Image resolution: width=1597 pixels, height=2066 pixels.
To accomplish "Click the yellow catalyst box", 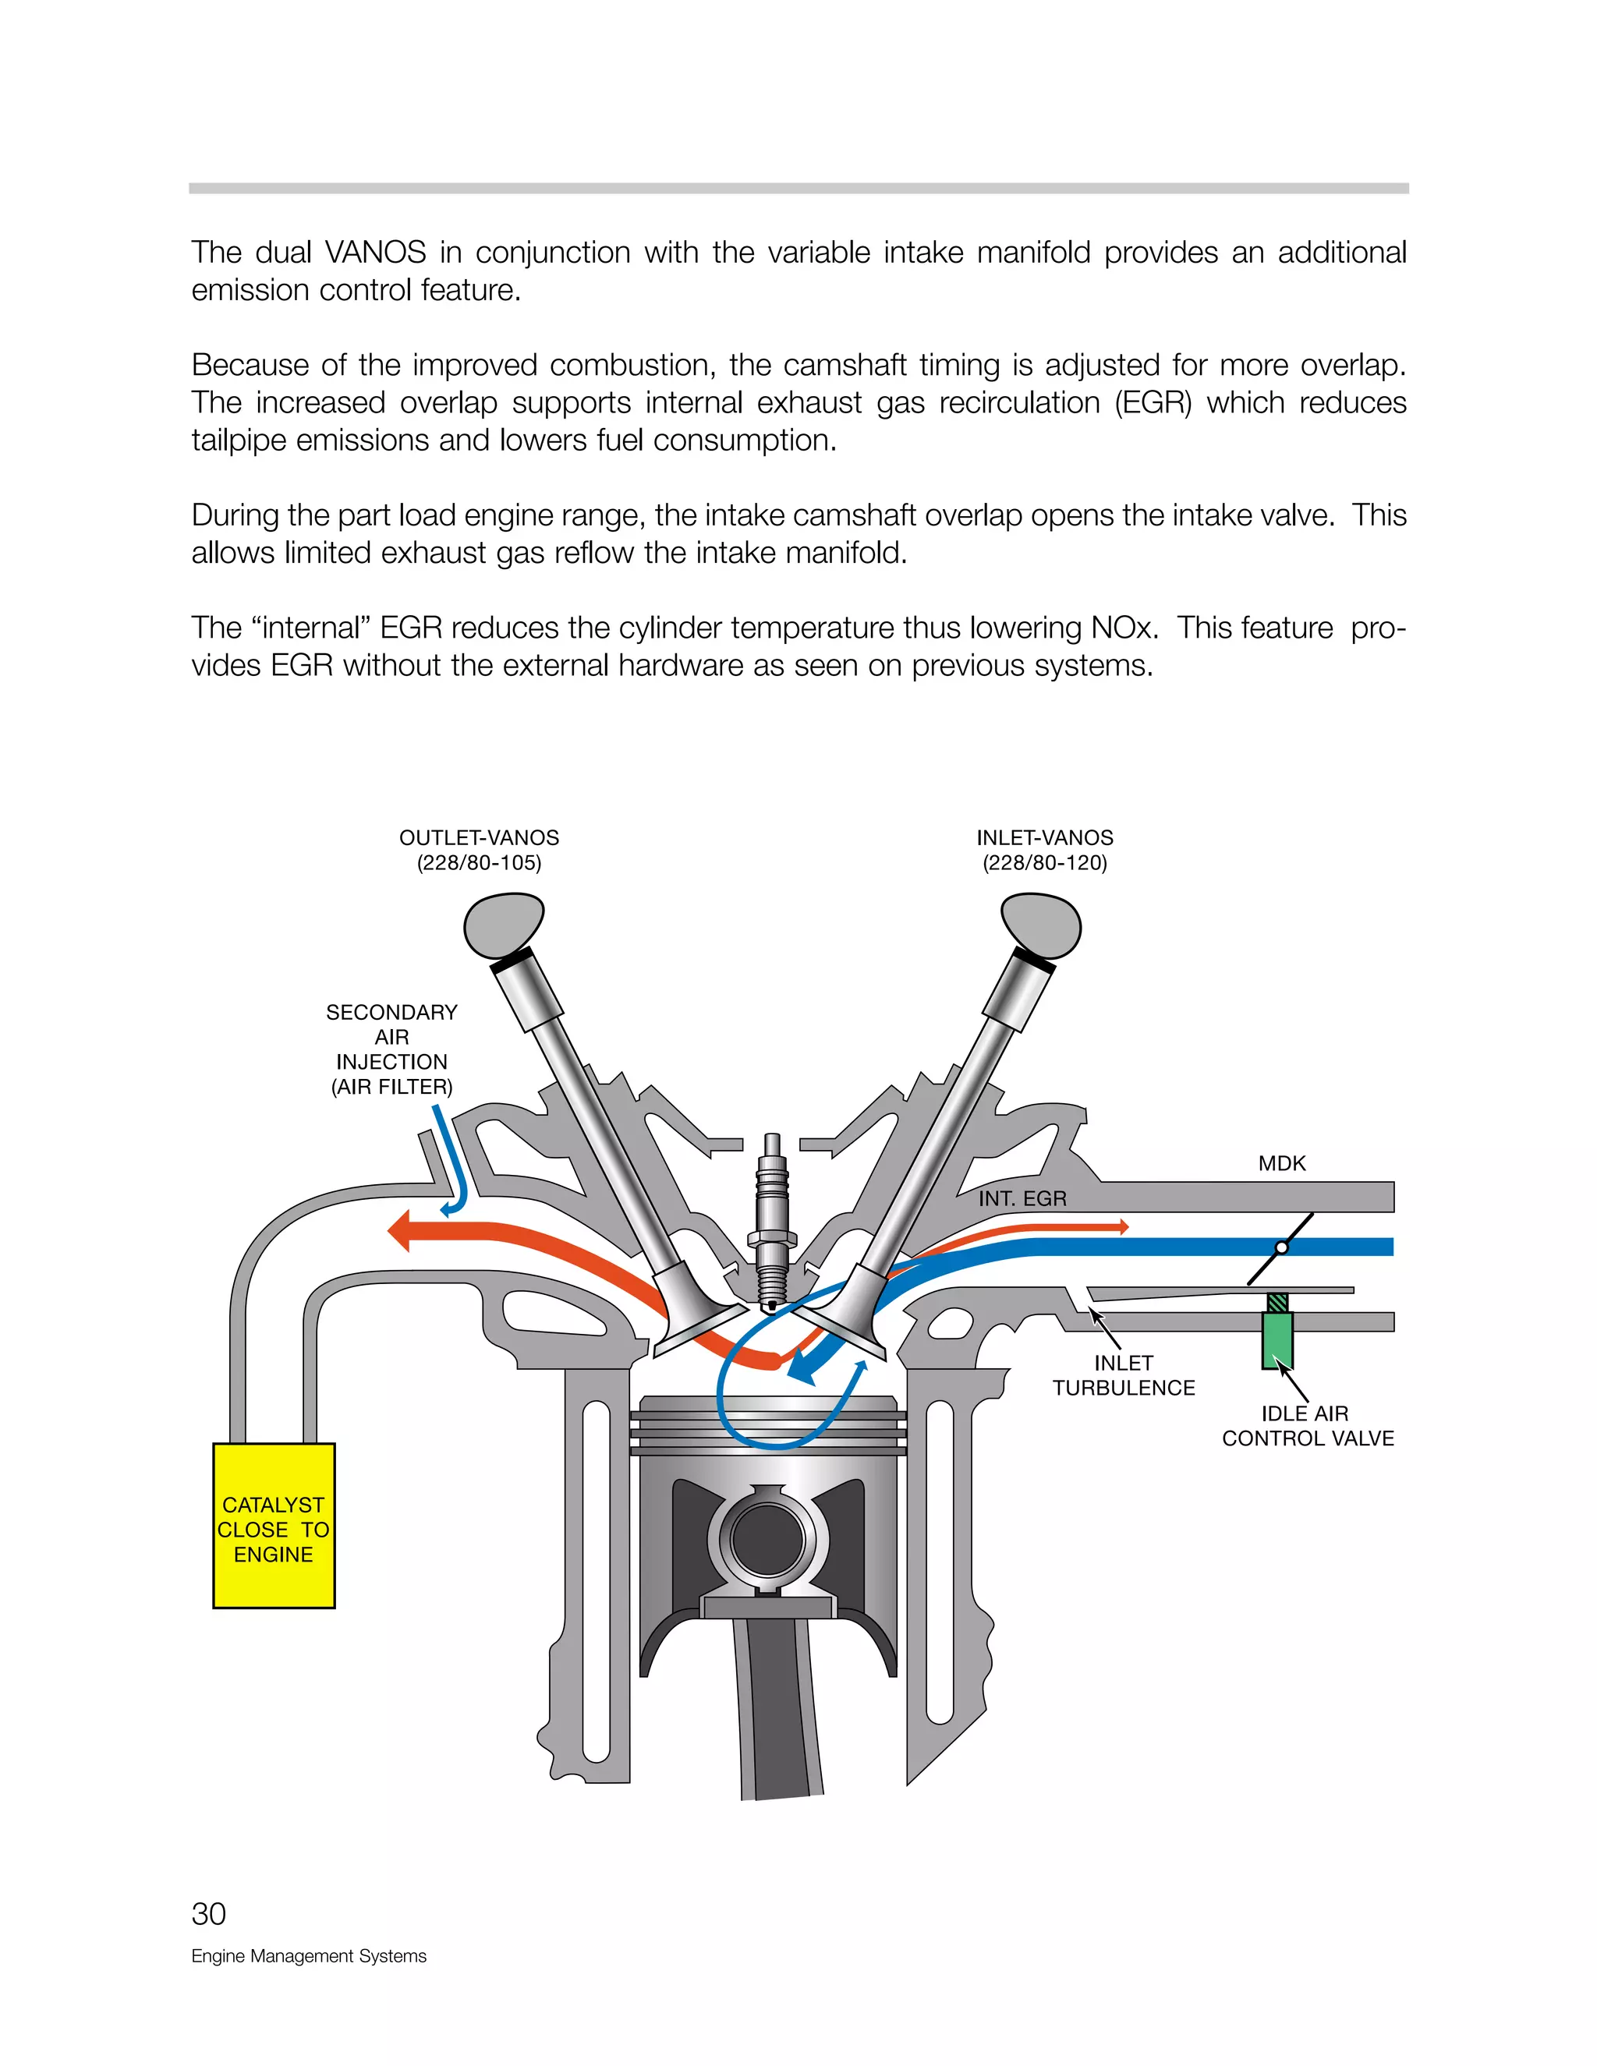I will click(x=274, y=1525).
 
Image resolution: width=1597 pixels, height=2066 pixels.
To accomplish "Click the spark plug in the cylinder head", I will click(x=772, y=1220).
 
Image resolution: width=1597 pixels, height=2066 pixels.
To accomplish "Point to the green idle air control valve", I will click(x=1277, y=1339).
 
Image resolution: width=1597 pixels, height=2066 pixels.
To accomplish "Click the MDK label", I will click(x=1281, y=1163).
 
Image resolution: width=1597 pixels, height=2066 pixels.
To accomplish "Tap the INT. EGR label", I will click(x=1022, y=1198).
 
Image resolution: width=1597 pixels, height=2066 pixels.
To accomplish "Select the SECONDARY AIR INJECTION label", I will click(x=391, y=1049).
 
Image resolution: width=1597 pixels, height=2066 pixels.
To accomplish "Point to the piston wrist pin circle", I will click(x=767, y=1537).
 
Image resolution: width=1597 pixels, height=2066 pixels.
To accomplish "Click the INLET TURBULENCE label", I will click(x=1123, y=1375).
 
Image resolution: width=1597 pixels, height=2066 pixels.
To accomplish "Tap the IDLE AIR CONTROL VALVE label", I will click(x=1308, y=1426).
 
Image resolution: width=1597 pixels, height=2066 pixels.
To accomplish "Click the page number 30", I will click(x=208, y=1914).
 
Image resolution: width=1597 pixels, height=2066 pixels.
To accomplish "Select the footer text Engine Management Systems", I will click(x=309, y=1955).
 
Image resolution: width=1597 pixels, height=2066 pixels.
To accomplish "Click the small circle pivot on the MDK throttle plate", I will click(x=1282, y=1247).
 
